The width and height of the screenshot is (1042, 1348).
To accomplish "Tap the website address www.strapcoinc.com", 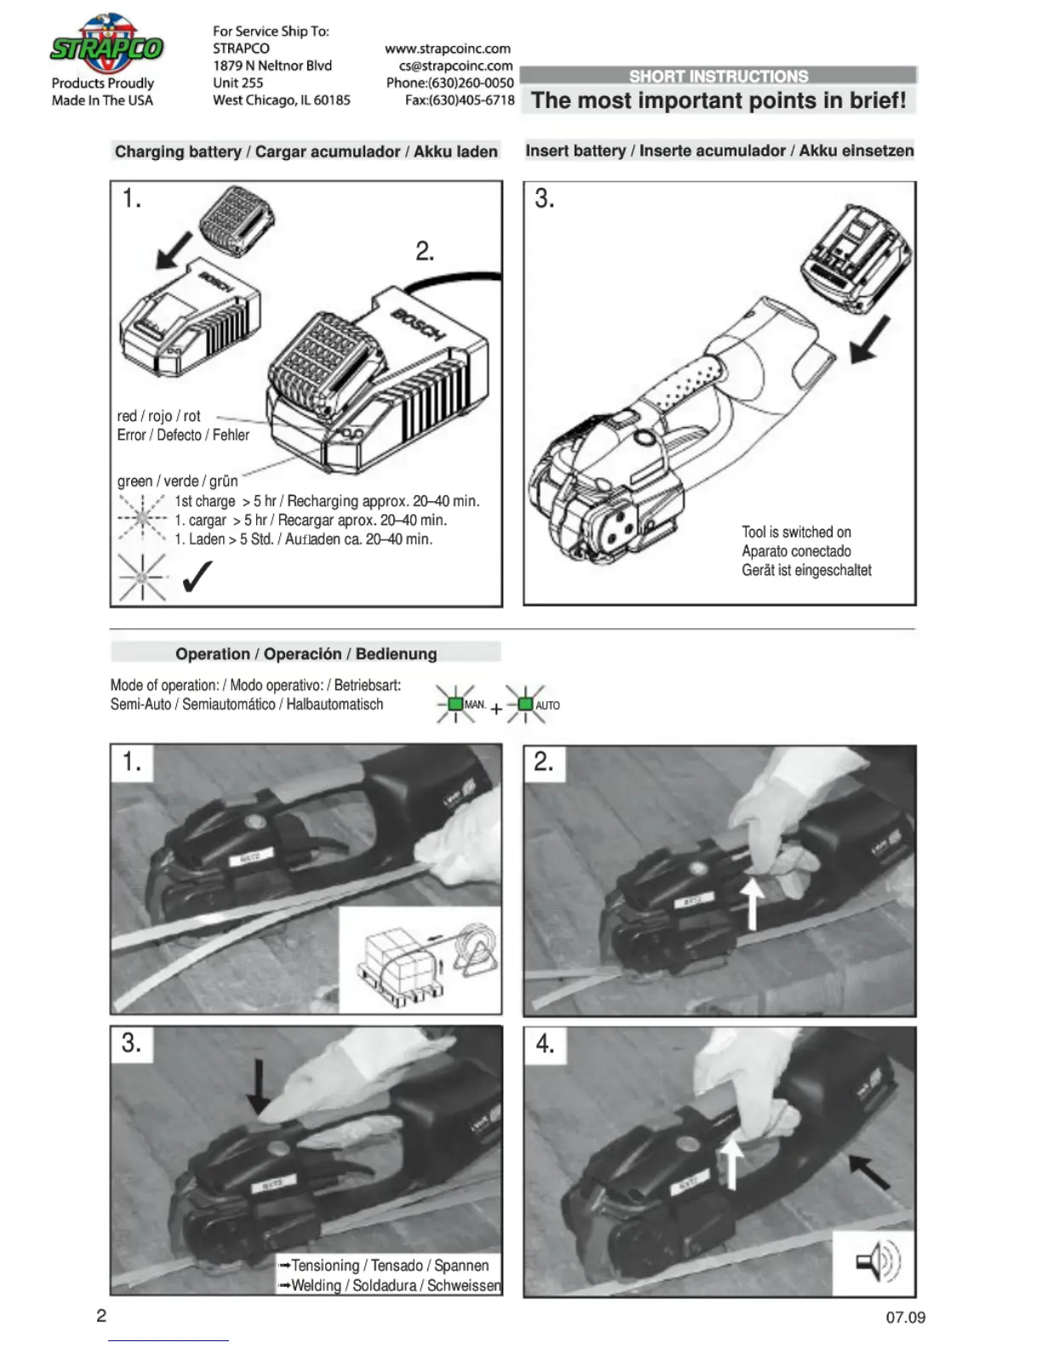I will point(448,49).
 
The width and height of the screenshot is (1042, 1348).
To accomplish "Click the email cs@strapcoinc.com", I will point(455,66).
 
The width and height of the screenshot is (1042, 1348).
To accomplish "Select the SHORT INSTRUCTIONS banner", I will point(719,76).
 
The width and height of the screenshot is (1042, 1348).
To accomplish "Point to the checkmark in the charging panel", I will point(197,577).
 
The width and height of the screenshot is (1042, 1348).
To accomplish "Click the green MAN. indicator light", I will point(455,705).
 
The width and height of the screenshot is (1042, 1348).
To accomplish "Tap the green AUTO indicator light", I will point(525,705).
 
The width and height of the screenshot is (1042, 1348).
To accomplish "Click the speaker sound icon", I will point(877,1261).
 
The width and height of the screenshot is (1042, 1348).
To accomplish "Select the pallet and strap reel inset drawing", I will point(420,960).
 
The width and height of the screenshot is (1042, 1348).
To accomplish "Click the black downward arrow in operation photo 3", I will point(257,1083).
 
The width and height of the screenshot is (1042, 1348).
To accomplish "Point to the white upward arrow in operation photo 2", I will point(752,905).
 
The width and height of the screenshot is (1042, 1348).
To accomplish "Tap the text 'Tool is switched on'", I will point(796,532).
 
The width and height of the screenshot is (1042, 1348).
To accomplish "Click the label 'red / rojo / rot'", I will point(159,416).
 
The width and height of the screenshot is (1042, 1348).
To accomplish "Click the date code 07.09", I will point(905,1317).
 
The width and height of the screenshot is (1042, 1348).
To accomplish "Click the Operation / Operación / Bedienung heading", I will point(306,654).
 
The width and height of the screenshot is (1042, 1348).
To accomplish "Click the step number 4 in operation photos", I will point(545,1043).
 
